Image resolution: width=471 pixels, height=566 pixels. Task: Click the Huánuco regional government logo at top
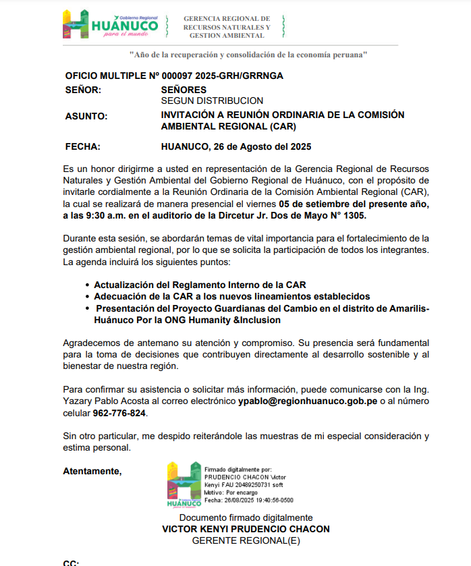click(x=110, y=26)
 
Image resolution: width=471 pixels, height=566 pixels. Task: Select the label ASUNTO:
click(x=86, y=116)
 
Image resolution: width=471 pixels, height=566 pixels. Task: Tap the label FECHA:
click(x=83, y=146)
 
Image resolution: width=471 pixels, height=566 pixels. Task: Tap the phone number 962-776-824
click(x=118, y=413)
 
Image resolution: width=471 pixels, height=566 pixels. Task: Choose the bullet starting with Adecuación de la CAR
click(x=232, y=296)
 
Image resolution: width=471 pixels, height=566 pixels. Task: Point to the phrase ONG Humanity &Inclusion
click(x=223, y=320)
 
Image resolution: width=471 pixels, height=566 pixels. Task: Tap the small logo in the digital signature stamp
click(x=184, y=485)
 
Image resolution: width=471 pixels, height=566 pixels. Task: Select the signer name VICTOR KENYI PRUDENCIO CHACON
click(x=246, y=529)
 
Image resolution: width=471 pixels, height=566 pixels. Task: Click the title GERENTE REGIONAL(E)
click(x=246, y=540)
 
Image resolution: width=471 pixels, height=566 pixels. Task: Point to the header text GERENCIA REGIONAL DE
click(x=227, y=19)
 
